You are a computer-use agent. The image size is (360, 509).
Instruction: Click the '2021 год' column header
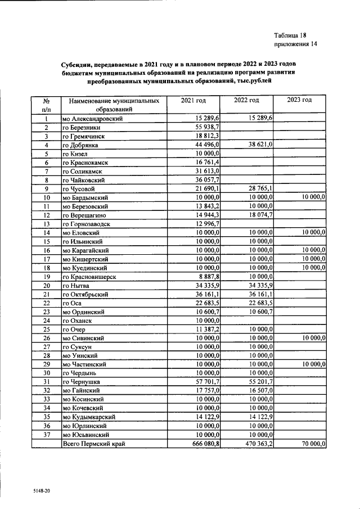pyautogui.click(x=193, y=100)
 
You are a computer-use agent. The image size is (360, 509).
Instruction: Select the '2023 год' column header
pyautogui.click(x=299, y=100)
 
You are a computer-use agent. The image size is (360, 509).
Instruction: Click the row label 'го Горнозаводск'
pyautogui.click(x=86, y=224)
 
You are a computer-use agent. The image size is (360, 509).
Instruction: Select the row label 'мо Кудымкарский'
pyautogui.click(x=89, y=417)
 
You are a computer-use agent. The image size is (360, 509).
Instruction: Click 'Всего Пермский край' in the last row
pyautogui.click(x=93, y=444)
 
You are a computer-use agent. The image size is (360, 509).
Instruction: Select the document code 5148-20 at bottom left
pyautogui.click(x=42, y=491)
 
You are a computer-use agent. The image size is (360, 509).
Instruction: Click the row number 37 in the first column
pyautogui.click(x=47, y=434)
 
